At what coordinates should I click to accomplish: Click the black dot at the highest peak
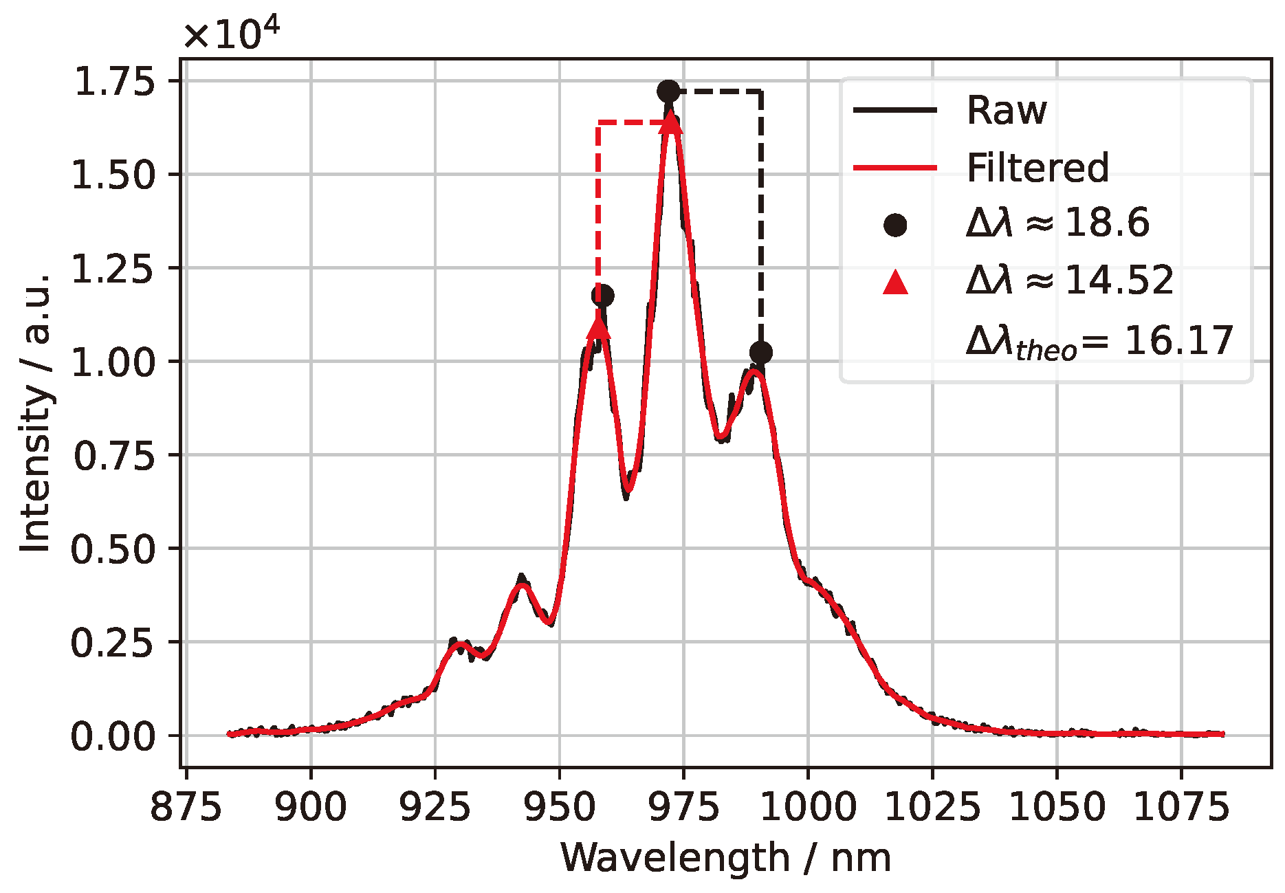tap(668, 91)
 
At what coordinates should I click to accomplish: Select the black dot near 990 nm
tap(760, 353)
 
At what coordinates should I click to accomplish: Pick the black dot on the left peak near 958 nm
tap(603, 296)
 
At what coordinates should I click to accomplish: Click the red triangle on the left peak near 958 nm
tap(599, 327)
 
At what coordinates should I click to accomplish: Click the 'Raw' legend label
tap(1006, 110)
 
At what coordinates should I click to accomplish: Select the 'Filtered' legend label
tap(1037, 168)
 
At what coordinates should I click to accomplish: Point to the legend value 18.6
tap(1106, 223)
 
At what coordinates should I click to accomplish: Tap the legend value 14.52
tap(1119, 280)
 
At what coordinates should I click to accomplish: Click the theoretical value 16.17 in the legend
tap(1178, 341)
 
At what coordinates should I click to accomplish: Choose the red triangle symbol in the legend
tap(895, 283)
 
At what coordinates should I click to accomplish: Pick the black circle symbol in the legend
tap(895, 224)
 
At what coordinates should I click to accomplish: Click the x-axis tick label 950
tap(560, 807)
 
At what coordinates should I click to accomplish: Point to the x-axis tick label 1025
tap(932, 807)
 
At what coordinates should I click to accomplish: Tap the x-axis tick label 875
tap(186, 807)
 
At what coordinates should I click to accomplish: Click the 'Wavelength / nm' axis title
tap(725, 858)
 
